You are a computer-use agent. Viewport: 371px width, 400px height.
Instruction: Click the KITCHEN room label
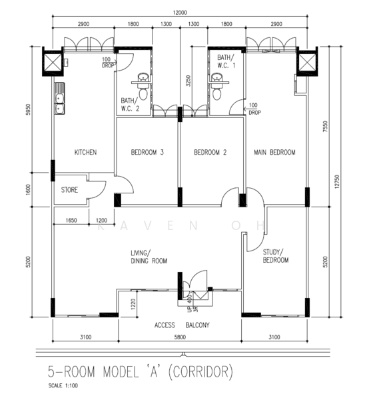[86, 152]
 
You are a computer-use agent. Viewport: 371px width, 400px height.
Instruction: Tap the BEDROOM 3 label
[147, 152]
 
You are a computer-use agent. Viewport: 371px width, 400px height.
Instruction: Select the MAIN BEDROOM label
[274, 152]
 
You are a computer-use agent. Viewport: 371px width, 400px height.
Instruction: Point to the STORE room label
[69, 190]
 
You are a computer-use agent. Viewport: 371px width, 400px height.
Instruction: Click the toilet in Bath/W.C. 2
[143, 94]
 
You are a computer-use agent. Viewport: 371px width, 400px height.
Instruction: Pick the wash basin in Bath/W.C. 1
[217, 77]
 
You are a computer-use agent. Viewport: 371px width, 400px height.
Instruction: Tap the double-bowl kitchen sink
[60, 99]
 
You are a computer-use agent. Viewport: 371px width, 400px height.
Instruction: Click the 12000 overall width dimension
[180, 13]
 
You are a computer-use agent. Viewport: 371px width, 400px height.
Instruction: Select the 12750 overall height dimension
[337, 181]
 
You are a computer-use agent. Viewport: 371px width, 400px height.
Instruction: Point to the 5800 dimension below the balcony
[180, 337]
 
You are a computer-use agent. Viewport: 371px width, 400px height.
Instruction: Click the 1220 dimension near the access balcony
[133, 304]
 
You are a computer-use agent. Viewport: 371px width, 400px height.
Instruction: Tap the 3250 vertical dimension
[188, 81]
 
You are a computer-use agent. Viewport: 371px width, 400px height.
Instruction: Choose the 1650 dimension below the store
[71, 220]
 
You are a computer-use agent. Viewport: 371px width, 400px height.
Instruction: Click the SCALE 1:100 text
[63, 385]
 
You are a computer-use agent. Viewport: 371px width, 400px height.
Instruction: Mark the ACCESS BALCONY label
[182, 325]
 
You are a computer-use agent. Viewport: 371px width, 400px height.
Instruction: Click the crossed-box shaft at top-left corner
[53, 61]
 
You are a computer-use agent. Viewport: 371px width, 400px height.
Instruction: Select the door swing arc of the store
[100, 191]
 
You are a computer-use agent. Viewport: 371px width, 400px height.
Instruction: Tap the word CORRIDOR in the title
[200, 371]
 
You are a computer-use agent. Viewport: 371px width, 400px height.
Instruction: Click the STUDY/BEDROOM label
[276, 256]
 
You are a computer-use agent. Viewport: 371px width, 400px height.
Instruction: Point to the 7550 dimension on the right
[325, 126]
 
